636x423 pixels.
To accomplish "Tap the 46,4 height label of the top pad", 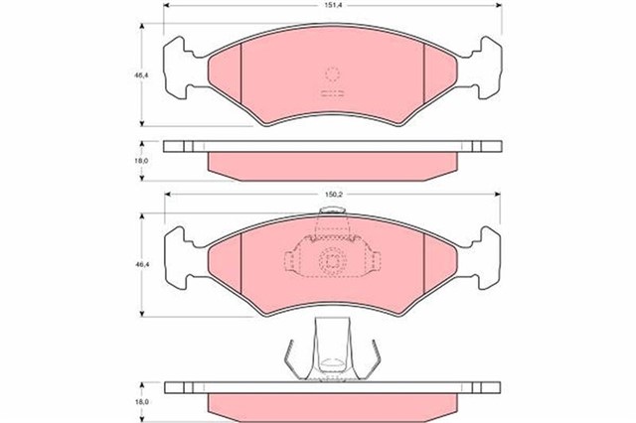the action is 141,74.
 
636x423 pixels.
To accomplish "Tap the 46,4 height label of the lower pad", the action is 141,264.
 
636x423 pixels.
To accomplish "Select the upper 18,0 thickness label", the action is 141,161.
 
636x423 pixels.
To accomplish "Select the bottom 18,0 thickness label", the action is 141,402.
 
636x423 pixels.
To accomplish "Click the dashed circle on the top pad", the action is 332,74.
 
